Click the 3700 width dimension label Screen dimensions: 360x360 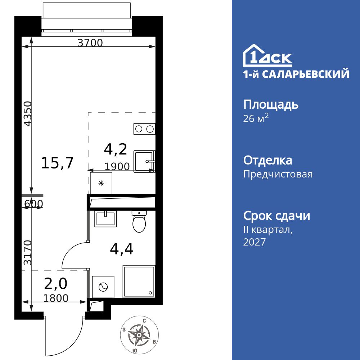coord(90,43)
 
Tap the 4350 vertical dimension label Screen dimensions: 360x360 coord(28,113)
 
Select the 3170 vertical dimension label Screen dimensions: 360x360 coord(28,253)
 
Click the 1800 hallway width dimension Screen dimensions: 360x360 coord(55,298)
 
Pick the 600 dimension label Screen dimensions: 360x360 coord(33,204)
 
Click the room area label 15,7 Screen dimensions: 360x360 coord(57,163)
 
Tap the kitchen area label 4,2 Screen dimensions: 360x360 coord(115,149)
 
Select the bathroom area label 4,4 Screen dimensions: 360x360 coord(121,249)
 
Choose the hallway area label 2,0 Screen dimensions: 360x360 coord(55,284)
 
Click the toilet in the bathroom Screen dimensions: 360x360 coord(139,221)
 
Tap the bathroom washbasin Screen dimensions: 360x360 coord(105,219)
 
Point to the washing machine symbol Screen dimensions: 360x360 coord(103,287)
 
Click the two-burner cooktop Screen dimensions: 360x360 coord(144,129)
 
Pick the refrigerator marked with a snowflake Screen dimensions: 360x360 coord(101,183)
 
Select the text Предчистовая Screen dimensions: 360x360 coord(278,175)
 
